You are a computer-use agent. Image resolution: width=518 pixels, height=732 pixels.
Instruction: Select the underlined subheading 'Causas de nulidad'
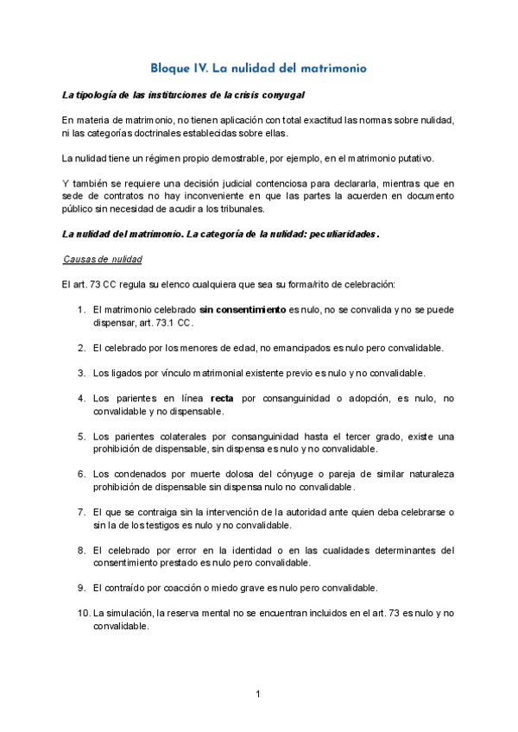[103, 260]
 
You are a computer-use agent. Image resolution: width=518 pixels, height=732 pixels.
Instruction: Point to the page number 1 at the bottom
[258, 693]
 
